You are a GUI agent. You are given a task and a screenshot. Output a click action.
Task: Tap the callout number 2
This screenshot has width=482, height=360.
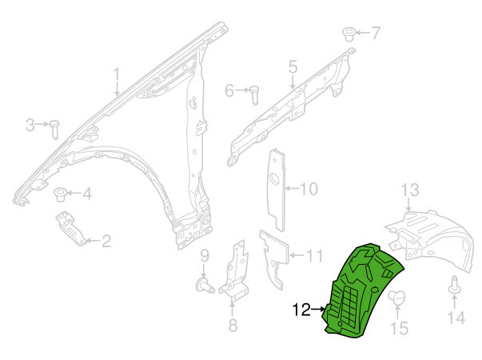pos(106,239)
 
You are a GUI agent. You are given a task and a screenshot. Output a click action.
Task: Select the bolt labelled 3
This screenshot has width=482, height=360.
pos(55,127)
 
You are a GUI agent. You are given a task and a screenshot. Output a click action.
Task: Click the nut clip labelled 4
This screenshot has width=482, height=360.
pos(60,194)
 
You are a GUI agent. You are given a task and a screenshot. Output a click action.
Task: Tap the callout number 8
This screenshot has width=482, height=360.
pos(233,325)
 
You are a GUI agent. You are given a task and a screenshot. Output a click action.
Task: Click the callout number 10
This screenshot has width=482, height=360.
pos(309,190)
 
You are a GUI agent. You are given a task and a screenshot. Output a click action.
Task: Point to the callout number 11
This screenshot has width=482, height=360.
pos(315,256)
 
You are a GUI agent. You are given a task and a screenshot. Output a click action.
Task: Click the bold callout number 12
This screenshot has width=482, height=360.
pos(301,309)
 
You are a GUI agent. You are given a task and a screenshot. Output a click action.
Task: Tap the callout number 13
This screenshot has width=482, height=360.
pos(409,190)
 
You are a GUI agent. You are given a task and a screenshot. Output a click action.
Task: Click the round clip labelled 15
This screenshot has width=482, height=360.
pos(398,300)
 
